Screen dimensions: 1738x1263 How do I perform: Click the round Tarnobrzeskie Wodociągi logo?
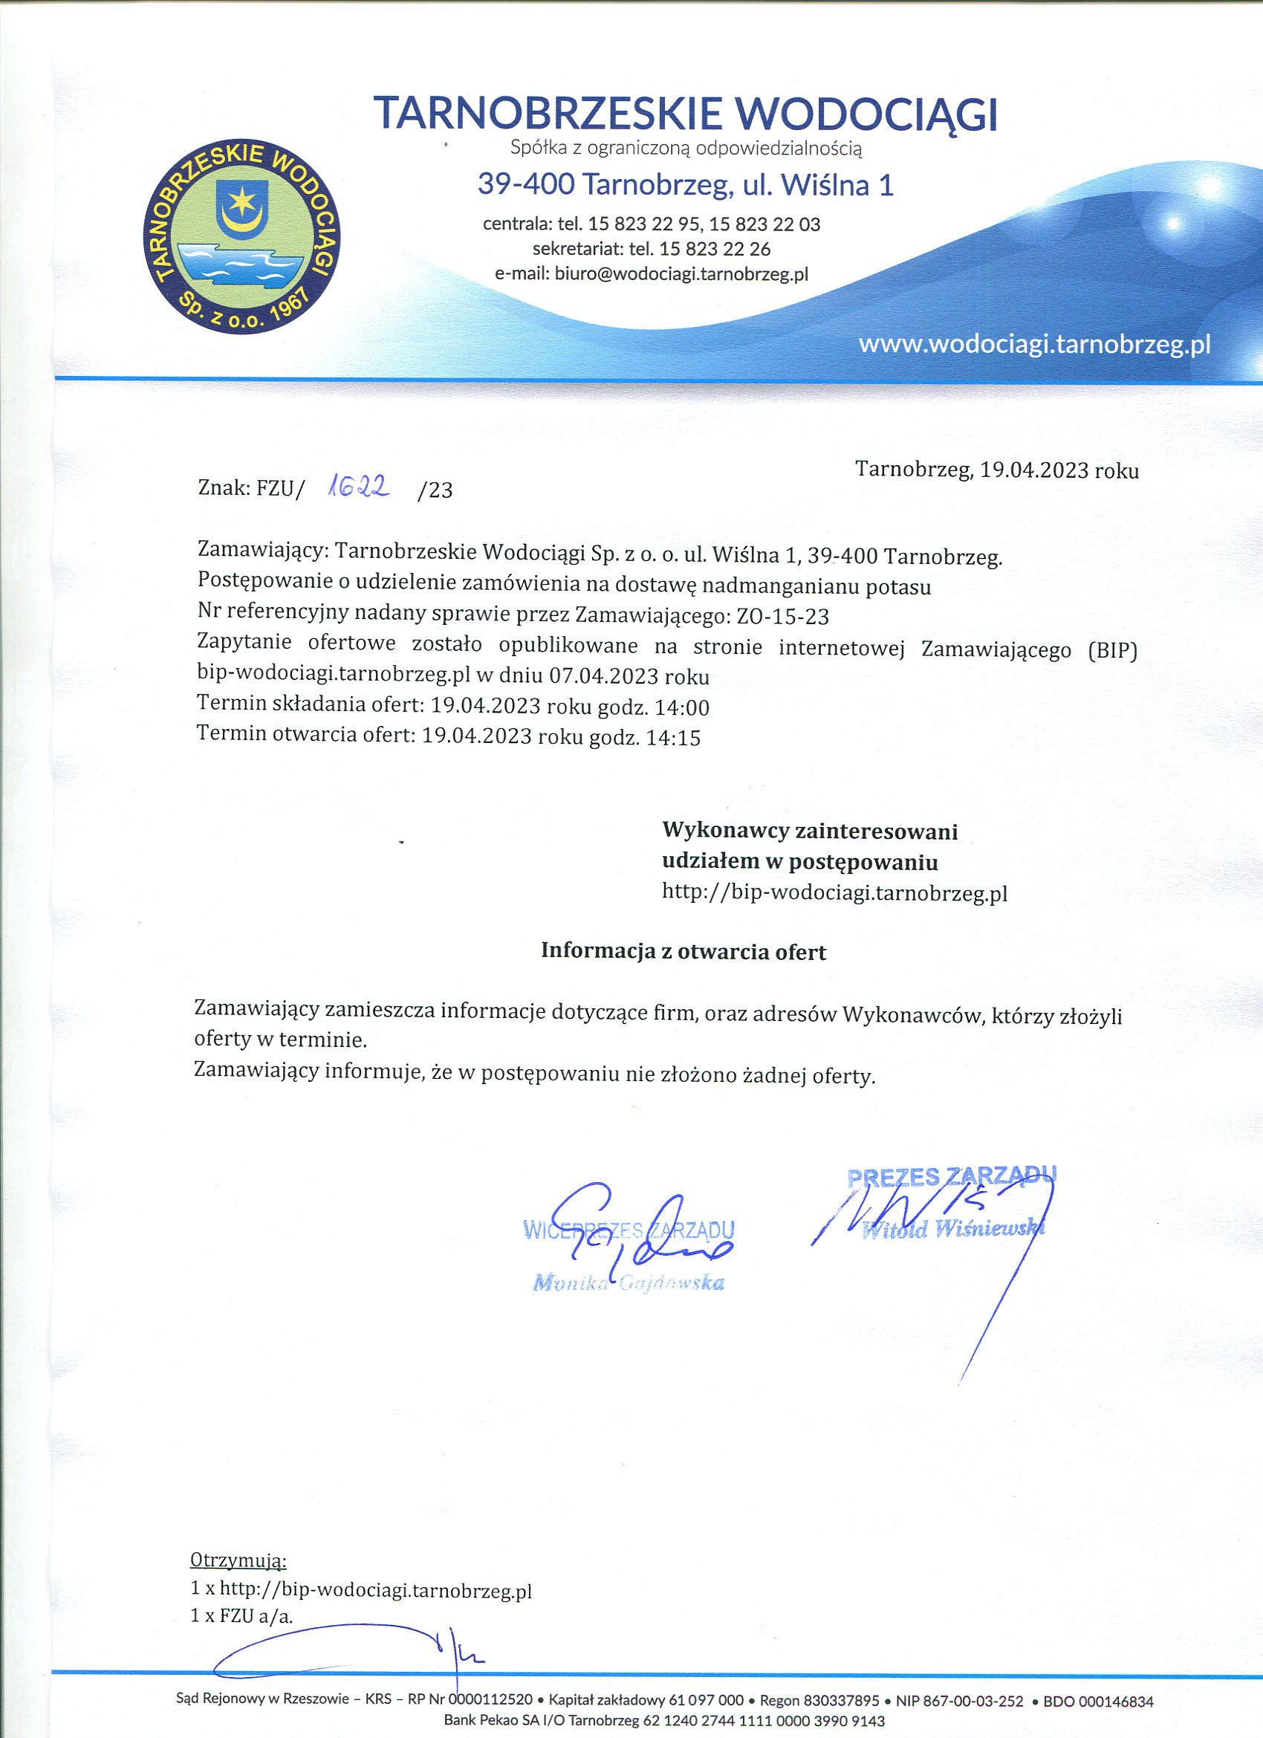(242, 238)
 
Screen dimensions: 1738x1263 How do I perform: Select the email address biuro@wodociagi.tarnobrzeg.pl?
(681, 274)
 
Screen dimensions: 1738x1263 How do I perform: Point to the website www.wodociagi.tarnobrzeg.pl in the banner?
(1034, 344)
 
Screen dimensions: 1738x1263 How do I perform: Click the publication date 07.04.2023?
(603, 676)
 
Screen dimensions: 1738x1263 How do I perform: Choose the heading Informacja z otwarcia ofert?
(683, 952)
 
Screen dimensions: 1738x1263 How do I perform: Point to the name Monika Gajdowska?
(629, 1283)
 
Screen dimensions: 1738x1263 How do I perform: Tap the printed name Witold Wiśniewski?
(952, 1230)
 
